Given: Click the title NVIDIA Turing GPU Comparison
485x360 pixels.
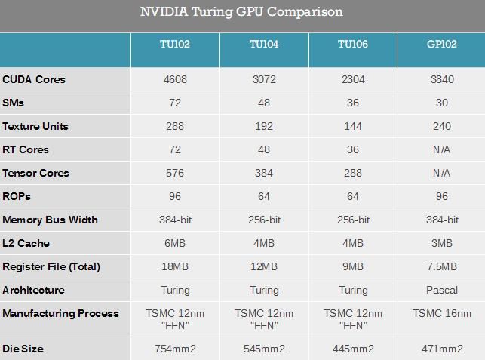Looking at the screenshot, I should (241, 12).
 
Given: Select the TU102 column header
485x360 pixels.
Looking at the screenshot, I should (175, 45).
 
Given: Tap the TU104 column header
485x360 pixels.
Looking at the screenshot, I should (264, 45).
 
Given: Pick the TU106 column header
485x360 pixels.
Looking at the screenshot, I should (353, 45).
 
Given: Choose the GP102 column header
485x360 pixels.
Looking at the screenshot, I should (441, 45).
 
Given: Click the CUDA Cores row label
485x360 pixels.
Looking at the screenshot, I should (34, 79).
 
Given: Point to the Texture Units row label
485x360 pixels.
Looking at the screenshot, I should (35, 126).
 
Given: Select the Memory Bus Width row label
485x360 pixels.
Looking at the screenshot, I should (50, 220).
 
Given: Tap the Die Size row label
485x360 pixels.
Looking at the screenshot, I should (23, 349).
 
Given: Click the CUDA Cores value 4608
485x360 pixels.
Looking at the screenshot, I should (175, 79).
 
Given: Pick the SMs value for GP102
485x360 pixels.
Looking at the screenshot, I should (441, 103).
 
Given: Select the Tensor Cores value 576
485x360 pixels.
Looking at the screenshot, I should (175, 173).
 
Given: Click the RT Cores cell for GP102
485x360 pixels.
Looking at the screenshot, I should (441, 149).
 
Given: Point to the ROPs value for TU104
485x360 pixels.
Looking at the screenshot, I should (264, 196).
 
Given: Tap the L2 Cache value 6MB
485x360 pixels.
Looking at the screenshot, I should (175, 243).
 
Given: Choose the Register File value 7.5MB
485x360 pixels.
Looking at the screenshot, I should (441, 266).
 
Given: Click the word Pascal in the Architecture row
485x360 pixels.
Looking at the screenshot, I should (441, 290).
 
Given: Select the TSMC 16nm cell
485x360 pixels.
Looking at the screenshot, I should (441, 313).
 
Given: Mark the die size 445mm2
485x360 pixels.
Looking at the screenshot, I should (353, 349).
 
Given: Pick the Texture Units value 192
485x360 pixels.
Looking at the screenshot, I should (264, 126).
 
